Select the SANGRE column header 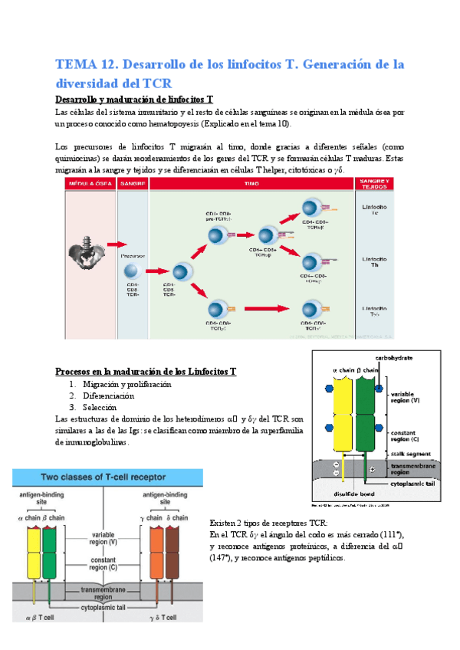133,185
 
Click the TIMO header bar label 251,185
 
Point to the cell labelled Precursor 131,272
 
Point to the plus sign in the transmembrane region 373,469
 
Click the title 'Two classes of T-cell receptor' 103,477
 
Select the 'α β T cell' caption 42,617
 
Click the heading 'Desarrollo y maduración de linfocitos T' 134,100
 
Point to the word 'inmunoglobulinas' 97,431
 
